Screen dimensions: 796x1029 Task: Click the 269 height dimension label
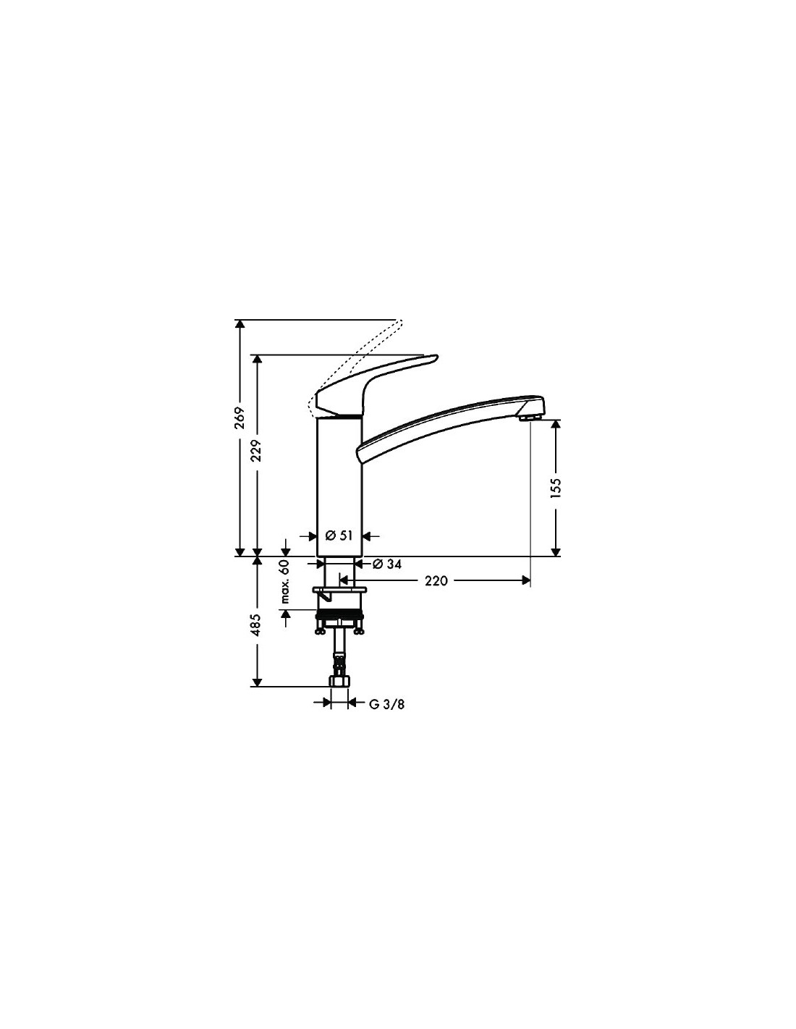(240, 418)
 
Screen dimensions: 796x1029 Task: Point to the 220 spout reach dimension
(436, 580)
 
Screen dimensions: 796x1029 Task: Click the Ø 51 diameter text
(339, 536)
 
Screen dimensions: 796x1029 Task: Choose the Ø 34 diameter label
(387, 564)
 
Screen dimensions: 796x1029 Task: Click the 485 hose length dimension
(257, 624)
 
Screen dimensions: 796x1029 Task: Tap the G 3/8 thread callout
(386, 704)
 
